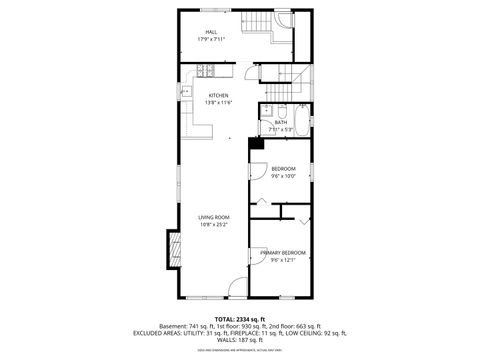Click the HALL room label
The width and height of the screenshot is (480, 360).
pyautogui.click(x=211, y=32)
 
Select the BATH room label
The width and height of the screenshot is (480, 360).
pyautogui.click(x=281, y=123)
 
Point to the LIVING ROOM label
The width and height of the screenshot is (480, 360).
pyautogui.click(x=213, y=217)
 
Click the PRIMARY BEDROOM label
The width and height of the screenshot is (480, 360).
pyautogui.click(x=283, y=253)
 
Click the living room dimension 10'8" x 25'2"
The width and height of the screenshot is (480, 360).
pyautogui.click(x=213, y=225)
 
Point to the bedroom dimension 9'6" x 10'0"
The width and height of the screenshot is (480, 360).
pyautogui.click(x=283, y=176)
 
